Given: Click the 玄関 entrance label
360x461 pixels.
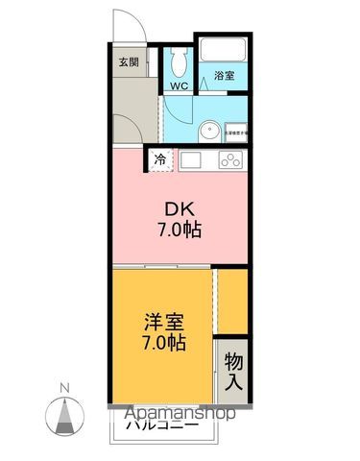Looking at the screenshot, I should point(128,62).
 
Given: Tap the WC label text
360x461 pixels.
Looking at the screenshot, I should point(178,85).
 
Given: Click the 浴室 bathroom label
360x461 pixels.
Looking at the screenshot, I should point(225,74).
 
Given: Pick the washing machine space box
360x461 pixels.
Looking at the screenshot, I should point(236,133).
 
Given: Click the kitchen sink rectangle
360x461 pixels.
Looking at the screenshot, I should point(190,160).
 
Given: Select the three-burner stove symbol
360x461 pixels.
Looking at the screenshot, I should point(231,160).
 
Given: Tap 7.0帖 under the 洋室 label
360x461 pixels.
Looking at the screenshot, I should point(164,343).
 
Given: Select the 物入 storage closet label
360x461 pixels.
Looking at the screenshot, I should point(233,369).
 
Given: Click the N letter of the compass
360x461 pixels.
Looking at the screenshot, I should point(63,388).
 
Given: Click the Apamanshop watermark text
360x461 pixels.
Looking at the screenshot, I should point(177,414).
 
